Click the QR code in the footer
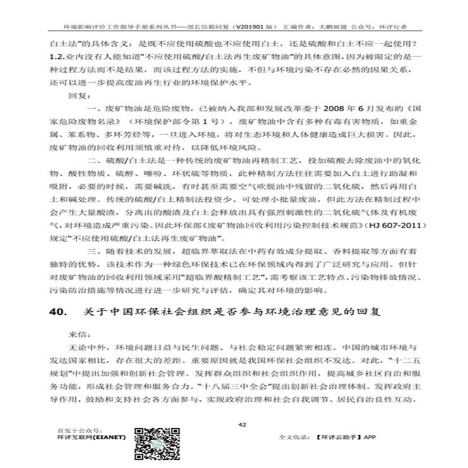[x=150, y=445]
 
